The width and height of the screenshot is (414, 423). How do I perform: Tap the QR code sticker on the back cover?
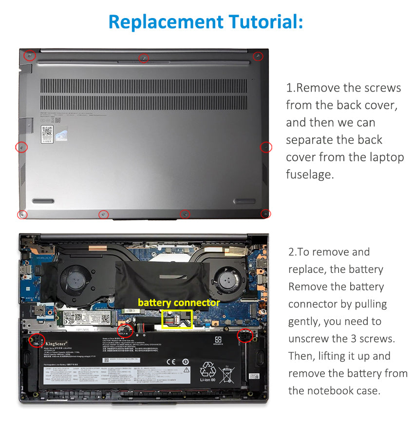(x=47, y=131)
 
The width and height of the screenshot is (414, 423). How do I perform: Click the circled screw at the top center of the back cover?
(x=144, y=58)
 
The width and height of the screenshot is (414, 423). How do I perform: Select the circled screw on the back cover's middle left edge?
(x=22, y=147)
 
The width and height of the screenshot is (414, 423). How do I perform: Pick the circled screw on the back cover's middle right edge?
(x=266, y=147)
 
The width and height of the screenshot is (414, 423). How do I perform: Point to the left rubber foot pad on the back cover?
(x=43, y=201)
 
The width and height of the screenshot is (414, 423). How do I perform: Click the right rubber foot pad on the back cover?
(x=245, y=201)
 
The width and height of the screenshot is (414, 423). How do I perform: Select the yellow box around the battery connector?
(x=176, y=319)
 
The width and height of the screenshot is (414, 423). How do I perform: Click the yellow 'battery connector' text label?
(x=178, y=303)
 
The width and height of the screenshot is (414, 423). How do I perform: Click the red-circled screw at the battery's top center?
(x=127, y=330)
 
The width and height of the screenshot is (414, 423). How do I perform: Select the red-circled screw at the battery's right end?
(x=243, y=336)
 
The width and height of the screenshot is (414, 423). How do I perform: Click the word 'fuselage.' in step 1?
(x=310, y=174)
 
